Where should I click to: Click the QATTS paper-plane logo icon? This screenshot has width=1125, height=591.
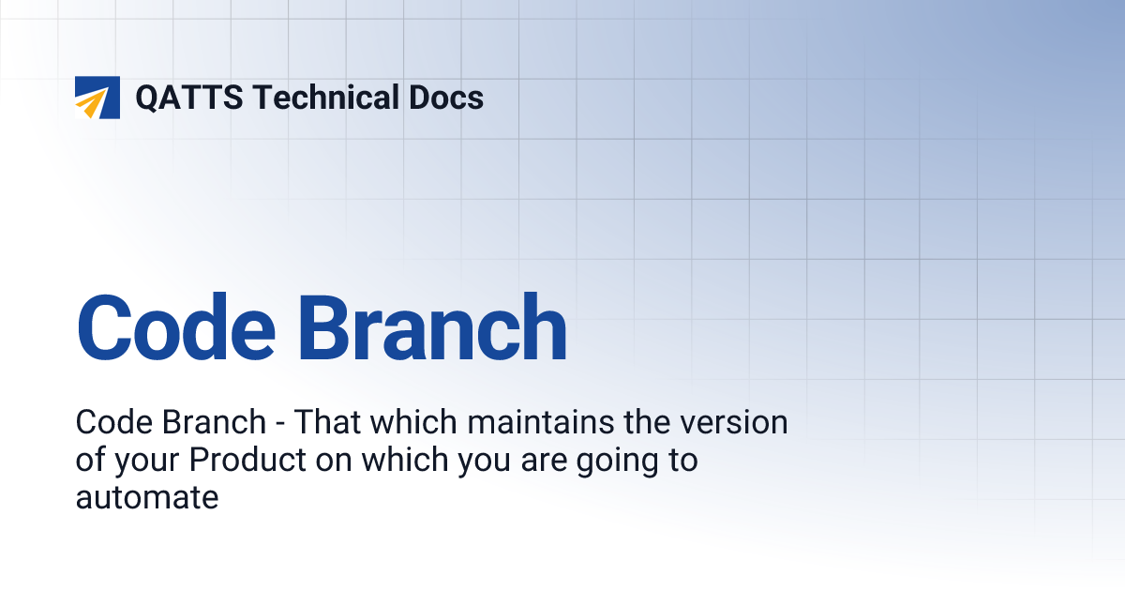point(97,98)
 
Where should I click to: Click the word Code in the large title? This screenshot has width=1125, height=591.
point(177,328)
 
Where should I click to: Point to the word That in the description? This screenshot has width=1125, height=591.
point(327,423)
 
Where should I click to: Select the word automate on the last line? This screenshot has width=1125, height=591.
point(147,497)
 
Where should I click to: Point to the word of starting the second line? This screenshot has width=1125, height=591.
point(90,461)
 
